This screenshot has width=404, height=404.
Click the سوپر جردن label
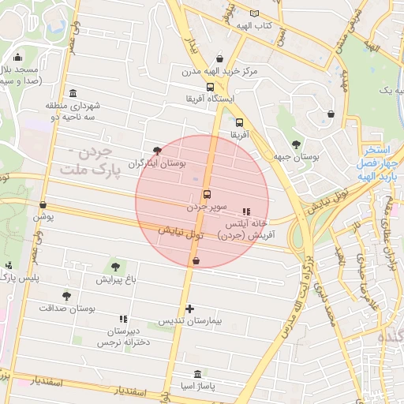pyautogui.click(x=207, y=208)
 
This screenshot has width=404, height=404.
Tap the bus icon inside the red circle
pyautogui.click(x=208, y=194)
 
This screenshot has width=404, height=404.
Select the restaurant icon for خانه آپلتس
pyautogui.click(x=245, y=211)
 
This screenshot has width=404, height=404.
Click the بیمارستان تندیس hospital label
pyautogui.click(x=189, y=322)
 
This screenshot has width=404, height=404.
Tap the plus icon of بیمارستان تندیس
pyautogui.click(x=189, y=309)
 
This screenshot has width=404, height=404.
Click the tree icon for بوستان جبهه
pyautogui.click(x=296, y=144)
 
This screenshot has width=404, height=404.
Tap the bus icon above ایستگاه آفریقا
pyautogui.click(x=210, y=87)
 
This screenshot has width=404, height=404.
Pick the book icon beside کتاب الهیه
pyautogui.click(x=254, y=13)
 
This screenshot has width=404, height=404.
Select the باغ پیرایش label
pyautogui.click(x=117, y=279)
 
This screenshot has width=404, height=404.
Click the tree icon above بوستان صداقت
pyautogui.click(x=66, y=296)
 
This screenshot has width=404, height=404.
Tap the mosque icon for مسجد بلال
pyautogui.click(x=17, y=57)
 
